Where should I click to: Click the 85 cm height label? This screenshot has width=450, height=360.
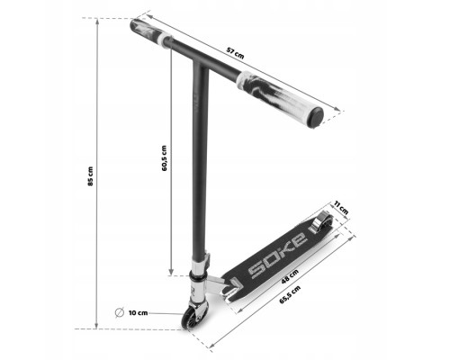90,176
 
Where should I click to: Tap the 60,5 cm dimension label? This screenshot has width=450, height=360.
164,158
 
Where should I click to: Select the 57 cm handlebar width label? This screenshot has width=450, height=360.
235,53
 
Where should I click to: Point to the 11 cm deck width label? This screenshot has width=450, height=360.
341,207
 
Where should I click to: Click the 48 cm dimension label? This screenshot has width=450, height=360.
290,276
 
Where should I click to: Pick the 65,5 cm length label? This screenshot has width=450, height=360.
290,294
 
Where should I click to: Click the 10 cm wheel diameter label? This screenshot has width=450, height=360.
138,313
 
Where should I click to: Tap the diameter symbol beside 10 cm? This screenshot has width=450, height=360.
120,312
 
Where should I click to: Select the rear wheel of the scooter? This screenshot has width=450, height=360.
322,222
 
